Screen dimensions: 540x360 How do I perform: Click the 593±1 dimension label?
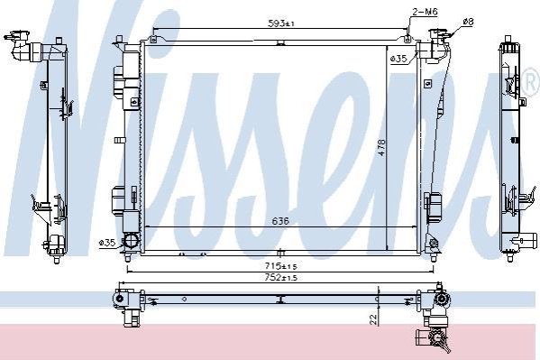pos(280,23)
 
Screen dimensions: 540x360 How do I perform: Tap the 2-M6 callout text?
pos(425,12)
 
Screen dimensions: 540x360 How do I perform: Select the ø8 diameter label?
pos(468,22)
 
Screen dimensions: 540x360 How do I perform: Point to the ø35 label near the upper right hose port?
pos(398,59)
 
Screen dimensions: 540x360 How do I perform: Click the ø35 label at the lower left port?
pos(106,243)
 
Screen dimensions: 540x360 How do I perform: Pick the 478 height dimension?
pos(381,148)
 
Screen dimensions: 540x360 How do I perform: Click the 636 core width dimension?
pos(280,221)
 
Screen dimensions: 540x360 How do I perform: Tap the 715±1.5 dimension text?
pos(281,266)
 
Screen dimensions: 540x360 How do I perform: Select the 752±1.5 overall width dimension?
pos(281,277)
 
